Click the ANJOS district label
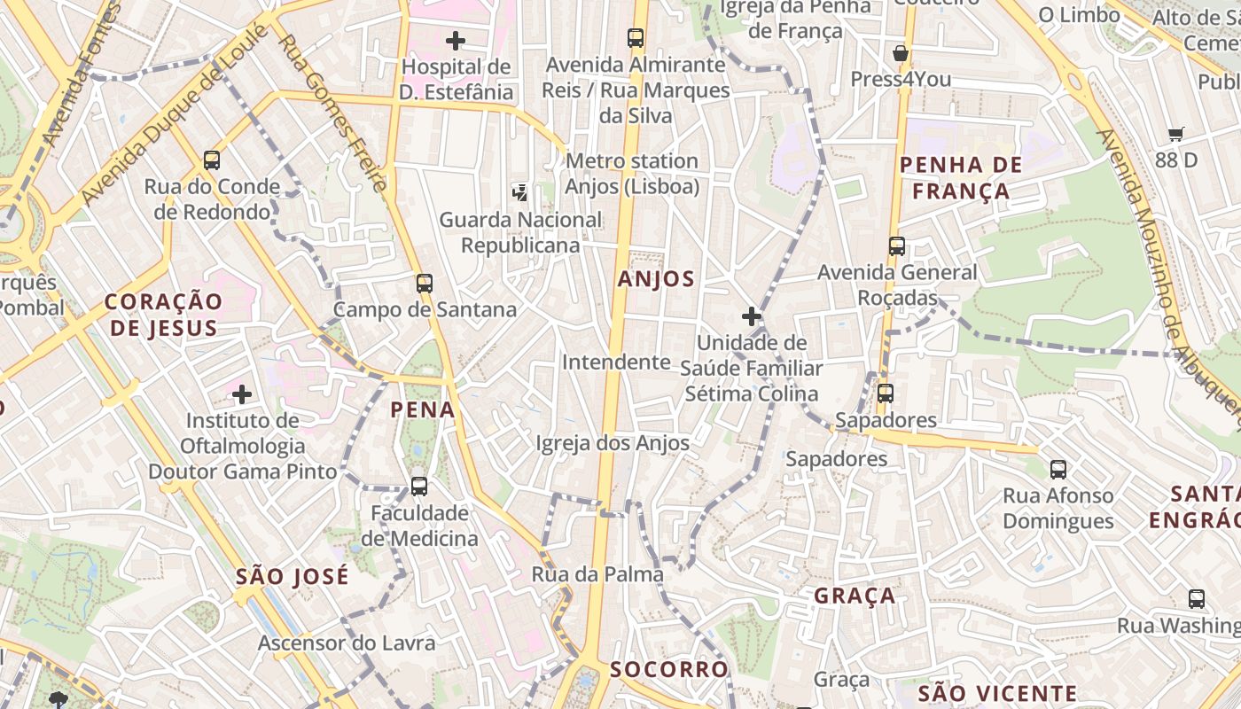[x=656, y=279]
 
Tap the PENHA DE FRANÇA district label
[x=961, y=178]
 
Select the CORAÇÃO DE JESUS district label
[x=163, y=315]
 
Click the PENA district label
[x=423, y=410]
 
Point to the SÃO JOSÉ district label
[x=293, y=577]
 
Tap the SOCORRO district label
[x=669, y=669]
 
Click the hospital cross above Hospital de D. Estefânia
[x=456, y=41]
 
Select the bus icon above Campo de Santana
[x=425, y=284]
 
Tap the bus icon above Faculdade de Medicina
[x=419, y=487]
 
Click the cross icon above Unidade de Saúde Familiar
[x=752, y=316]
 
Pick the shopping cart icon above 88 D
[x=1175, y=135]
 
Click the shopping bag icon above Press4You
[x=901, y=53]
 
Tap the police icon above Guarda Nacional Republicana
[x=520, y=191]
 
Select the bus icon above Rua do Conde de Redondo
[x=212, y=160]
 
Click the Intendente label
[x=616, y=362]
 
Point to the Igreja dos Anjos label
[x=613, y=443]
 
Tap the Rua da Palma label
[x=597, y=574]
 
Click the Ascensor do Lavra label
[x=347, y=643]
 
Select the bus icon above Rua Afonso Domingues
[x=1058, y=470]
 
